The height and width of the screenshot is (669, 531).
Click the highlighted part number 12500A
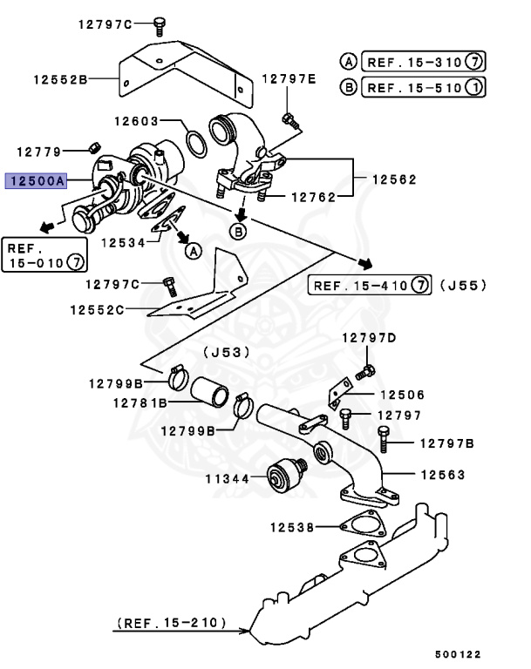pos(36,181)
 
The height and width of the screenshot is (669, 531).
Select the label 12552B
pos(60,79)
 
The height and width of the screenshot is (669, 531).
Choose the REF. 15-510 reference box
pos(424,87)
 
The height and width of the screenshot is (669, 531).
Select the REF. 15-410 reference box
pos(371,285)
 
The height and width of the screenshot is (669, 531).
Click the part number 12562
pos(394,179)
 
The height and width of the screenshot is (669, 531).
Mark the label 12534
pos(123,243)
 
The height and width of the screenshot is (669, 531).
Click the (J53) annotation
pos(226,352)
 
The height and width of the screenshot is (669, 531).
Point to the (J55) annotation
pos(463,285)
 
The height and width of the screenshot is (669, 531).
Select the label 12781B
pos(140,403)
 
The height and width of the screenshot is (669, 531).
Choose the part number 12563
pos(442,475)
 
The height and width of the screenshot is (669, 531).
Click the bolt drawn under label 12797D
pos(366,373)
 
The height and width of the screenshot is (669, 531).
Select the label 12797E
pos(290,79)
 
